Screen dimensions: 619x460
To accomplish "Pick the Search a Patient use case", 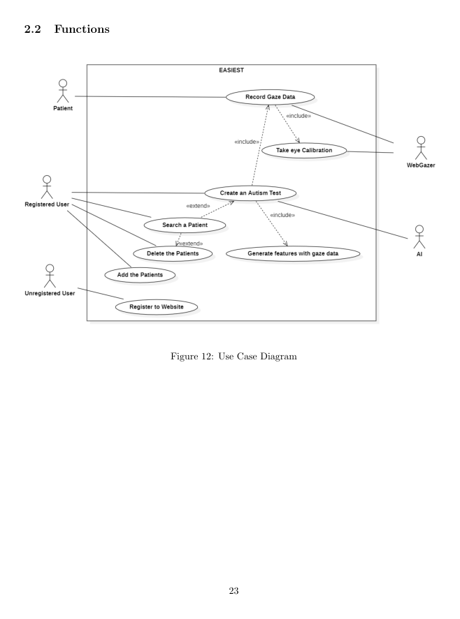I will (185, 225).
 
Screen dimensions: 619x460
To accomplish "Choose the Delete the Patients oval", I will (172, 253).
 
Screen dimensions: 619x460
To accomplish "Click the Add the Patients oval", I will (140, 275).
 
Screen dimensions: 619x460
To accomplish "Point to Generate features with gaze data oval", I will (293, 253).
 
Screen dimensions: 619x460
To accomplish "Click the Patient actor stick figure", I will (63, 91).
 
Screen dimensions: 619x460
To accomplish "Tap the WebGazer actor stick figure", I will (421, 147).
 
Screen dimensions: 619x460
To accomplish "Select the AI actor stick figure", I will (419, 237).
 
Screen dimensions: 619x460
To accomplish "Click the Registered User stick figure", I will (47, 186).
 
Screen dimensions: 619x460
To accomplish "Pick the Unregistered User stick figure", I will (50, 276).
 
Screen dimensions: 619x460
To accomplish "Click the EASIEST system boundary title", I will (231, 70).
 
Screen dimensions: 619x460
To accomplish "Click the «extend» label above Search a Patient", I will (198, 206).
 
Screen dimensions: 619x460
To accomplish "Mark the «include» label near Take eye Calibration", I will (299, 116).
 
